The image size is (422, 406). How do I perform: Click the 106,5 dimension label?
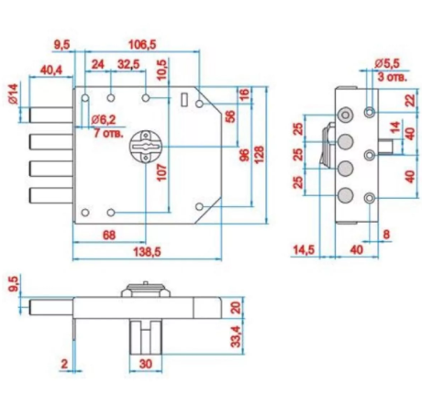coord(142,45)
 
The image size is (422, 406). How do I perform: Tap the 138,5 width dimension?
coord(147,252)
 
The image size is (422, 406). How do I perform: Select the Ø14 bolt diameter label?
coord(14,94)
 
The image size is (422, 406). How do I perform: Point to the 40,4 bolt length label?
coord(51,71)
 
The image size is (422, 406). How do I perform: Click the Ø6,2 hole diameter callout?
coord(104,119)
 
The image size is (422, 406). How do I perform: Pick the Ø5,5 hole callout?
coord(387,63)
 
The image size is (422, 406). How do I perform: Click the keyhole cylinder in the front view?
coord(146,147)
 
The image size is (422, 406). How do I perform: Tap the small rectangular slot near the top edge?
coord(184,100)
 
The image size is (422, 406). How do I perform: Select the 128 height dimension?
coord(259,155)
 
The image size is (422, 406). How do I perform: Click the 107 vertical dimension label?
coord(162,172)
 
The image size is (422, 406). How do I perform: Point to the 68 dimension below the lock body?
coord(109,236)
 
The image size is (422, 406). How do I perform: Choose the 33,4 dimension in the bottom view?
coord(236,336)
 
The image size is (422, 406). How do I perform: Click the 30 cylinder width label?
coord(146,364)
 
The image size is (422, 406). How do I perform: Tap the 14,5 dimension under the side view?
coord(305,250)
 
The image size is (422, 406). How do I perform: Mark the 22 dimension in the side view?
coord(411,100)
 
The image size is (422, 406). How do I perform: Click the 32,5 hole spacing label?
coord(128,64)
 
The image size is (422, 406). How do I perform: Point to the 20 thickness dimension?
coord(236,307)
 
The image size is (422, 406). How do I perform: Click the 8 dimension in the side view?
coord(386,235)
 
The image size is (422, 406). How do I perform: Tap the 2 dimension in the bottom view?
coord(64,364)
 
